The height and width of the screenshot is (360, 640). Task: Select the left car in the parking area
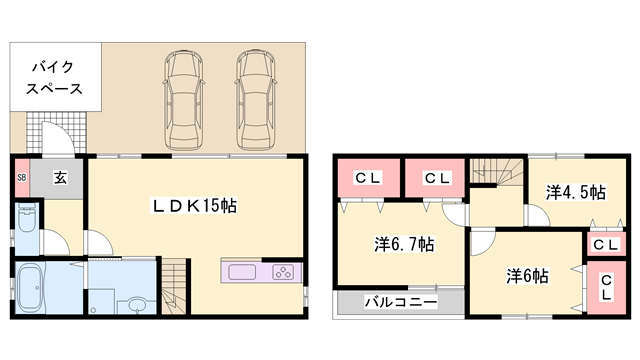pos(183,97)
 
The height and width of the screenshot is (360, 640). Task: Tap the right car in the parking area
pos(256,97)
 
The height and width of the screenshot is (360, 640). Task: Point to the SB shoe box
pos(21,178)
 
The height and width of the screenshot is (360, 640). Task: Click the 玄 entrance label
pos(60,178)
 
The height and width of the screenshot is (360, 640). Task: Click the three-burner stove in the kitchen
pos(282,272)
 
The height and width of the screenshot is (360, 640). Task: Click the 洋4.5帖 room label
pos(574,190)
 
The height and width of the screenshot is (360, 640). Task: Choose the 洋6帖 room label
pos(525,276)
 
